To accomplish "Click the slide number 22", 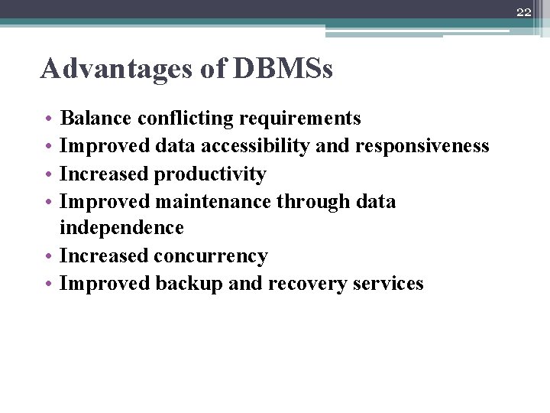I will [522, 11].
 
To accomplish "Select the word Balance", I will [96, 119].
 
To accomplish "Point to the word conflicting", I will [185, 119].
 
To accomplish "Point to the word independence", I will [121, 229].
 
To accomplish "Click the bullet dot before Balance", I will [47, 119].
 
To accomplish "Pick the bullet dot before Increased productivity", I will [47, 174].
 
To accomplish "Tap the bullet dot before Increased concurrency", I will [47, 256].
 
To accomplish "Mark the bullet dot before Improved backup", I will [47, 284].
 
